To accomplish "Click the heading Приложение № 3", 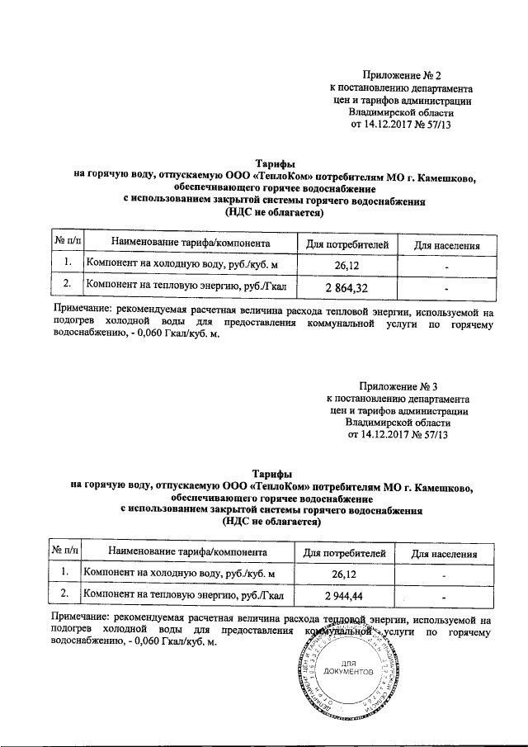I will [399, 386].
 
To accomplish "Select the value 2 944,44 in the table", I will [344, 595].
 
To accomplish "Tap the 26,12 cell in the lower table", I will [343, 573].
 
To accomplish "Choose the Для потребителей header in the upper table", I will [346, 244].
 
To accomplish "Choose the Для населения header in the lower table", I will [445, 553].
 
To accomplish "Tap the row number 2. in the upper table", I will [67, 286].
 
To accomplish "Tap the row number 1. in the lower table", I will [64, 572].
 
